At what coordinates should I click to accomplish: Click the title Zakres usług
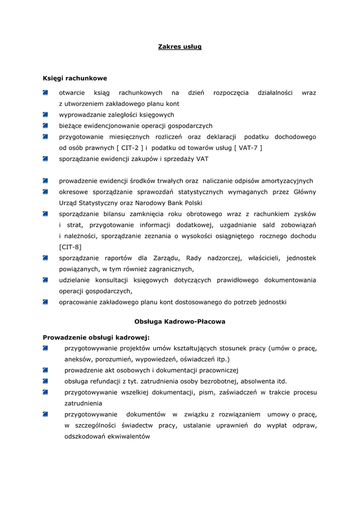[180, 47]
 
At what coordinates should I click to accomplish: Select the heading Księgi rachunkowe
[75, 79]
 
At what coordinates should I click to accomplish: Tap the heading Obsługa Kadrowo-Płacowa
[180, 322]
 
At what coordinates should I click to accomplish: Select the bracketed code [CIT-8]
[71, 247]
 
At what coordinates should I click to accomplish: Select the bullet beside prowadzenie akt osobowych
[45, 370]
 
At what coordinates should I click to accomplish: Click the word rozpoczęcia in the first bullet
[231, 93]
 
